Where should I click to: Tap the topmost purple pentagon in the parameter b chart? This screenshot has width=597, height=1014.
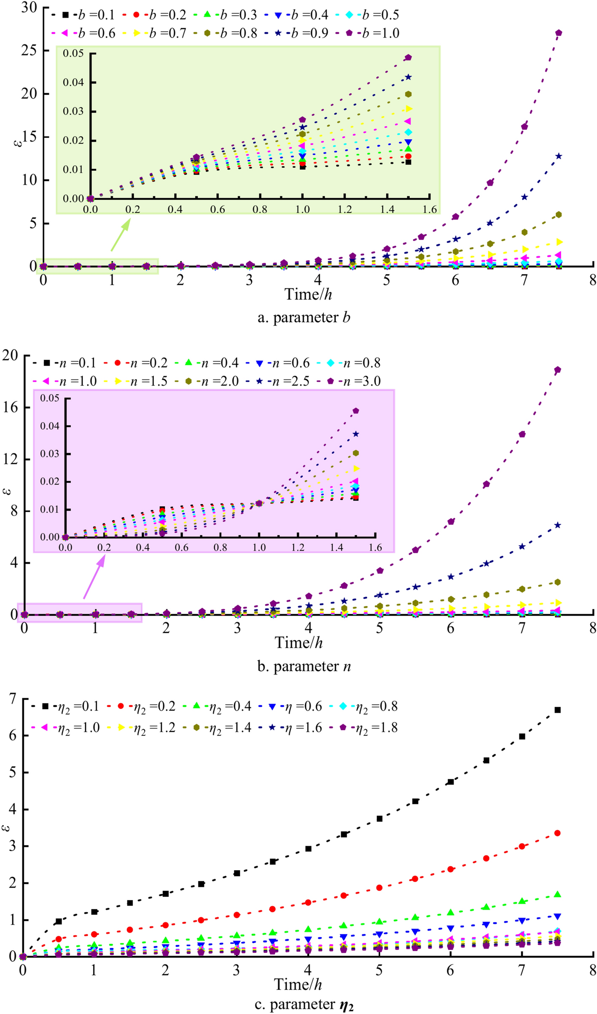click(x=559, y=33)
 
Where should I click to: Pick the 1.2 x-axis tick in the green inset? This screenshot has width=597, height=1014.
click(x=344, y=210)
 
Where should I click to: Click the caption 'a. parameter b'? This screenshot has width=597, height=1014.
click(x=304, y=317)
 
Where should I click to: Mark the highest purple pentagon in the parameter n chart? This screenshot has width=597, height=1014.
click(x=557, y=370)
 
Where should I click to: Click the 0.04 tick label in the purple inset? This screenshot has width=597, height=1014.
click(x=50, y=426)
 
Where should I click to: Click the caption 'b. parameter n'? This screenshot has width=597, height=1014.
click(x=304, y=666)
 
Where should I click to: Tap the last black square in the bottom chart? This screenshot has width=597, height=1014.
click(x=557, y=710)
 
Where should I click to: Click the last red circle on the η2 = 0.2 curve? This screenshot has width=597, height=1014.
click(x=557, y=833)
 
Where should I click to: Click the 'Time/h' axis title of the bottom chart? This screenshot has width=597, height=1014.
click(x=298, y=984)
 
